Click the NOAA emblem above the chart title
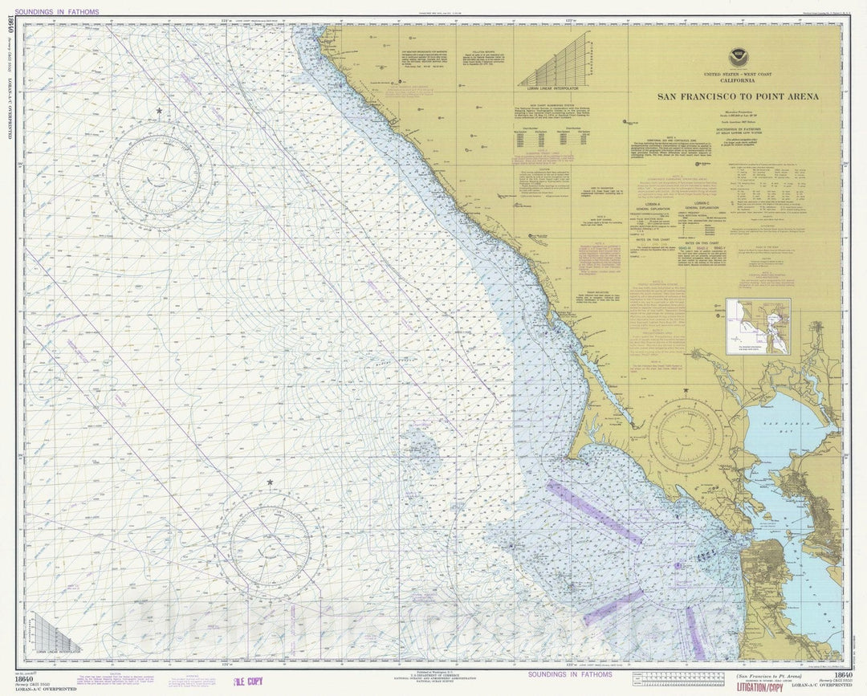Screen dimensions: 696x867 (738, 58)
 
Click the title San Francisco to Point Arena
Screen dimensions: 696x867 (738, 97)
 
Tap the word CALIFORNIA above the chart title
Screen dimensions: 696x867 (738, 83)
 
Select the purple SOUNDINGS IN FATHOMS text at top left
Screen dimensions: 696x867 (57, 12)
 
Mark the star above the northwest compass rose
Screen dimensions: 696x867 (159, 110)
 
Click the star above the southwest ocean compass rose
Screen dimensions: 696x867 (270, 482)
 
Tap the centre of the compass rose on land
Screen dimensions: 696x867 (686, 436)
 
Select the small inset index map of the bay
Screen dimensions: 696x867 (758, 327)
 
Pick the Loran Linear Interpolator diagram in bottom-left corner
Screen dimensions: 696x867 (55, 633)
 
